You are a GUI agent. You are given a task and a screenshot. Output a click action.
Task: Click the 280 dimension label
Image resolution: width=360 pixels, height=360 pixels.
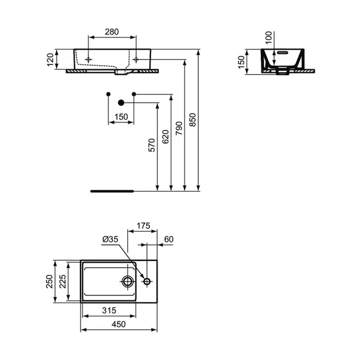[112, 31]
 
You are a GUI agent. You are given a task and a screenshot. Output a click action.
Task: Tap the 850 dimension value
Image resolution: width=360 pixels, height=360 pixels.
[192, 120]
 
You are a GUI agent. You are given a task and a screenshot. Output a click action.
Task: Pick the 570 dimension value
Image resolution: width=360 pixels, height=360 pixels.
[152, 146]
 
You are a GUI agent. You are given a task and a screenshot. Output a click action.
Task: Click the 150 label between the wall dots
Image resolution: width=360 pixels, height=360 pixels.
[121, 118]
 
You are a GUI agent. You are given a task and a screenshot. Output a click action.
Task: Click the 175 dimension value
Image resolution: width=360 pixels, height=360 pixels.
[143, 226]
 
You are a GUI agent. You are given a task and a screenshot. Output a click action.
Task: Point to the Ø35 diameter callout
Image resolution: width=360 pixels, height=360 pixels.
[110, 239]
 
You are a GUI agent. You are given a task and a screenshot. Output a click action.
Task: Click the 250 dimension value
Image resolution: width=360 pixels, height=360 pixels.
[50, 281]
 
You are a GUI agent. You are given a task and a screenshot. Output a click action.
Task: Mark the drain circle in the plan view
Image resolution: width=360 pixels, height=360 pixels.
[128, 281]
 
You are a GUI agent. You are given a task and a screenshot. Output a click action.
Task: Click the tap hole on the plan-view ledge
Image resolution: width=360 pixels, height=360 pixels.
[147, 281]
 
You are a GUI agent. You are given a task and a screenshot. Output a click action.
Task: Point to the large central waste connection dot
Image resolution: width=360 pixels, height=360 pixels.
[121, 101]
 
